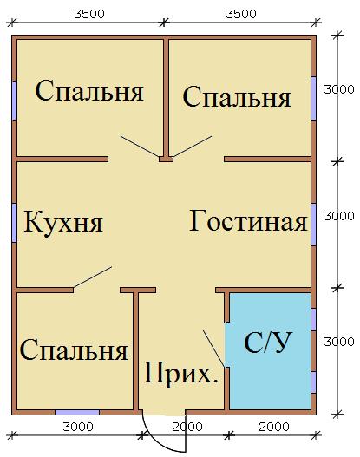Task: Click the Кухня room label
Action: tap(63, 222)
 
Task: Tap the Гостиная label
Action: tap(248, 220)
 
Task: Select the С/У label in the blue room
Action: tap(267, 343)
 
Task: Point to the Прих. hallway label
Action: tap(180, 374)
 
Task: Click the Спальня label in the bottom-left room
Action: tap(74, 349)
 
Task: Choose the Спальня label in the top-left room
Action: tap(89, 90)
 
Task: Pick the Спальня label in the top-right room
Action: tap(237, 97)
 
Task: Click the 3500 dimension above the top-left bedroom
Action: tap(89, 14)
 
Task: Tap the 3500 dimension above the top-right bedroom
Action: tap(241, 14)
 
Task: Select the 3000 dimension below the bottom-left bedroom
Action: tap(78, 427)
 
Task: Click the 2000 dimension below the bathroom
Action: tap(274, 427)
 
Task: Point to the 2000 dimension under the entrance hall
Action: tap(187, 427)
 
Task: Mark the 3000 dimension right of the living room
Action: tap(339, 216)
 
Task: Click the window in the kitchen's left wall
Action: tap(14, 223)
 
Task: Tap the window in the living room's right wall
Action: tap(314, 225)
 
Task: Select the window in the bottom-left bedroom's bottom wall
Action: tap(77, 413)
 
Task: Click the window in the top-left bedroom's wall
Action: tap(14, 101)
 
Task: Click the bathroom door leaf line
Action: tap(214, 349)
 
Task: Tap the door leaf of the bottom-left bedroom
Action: tap(93, 277)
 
